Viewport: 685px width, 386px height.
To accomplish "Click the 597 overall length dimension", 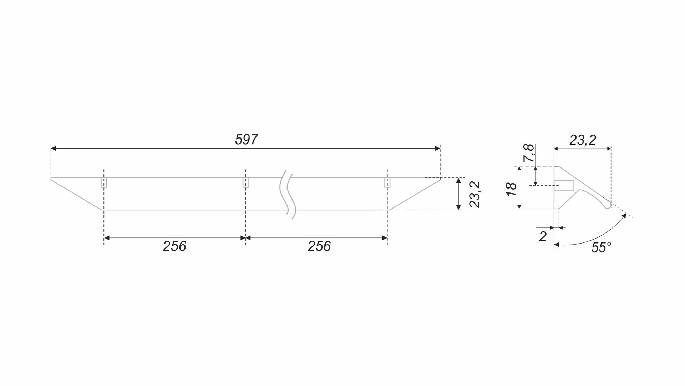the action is pyautogui.click(x=246, y=140).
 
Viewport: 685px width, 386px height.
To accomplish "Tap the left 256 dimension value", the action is pyautogui.click(x=174, y=246).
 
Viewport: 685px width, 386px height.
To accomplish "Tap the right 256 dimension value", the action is pyautogui.click(x=319, y=246).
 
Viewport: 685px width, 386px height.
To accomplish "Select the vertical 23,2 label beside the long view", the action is pyautogui.click(x=475, y=195).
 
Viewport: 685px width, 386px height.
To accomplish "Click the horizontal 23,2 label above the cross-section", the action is pyautogui.click(x=583, y=140).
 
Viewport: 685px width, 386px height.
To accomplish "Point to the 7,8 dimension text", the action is pyautogui.click(x=528, y=153).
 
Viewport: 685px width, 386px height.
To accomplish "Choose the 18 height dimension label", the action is pyautogui.click(x=512, y=189).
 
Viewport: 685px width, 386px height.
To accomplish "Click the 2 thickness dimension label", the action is pyautogui.click(x=543, y=236).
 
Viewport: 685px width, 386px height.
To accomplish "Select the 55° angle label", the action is pyautogui.click(x=601, y=247).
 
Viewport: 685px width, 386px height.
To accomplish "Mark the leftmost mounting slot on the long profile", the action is pyautogui.click(x=104, y=182).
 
